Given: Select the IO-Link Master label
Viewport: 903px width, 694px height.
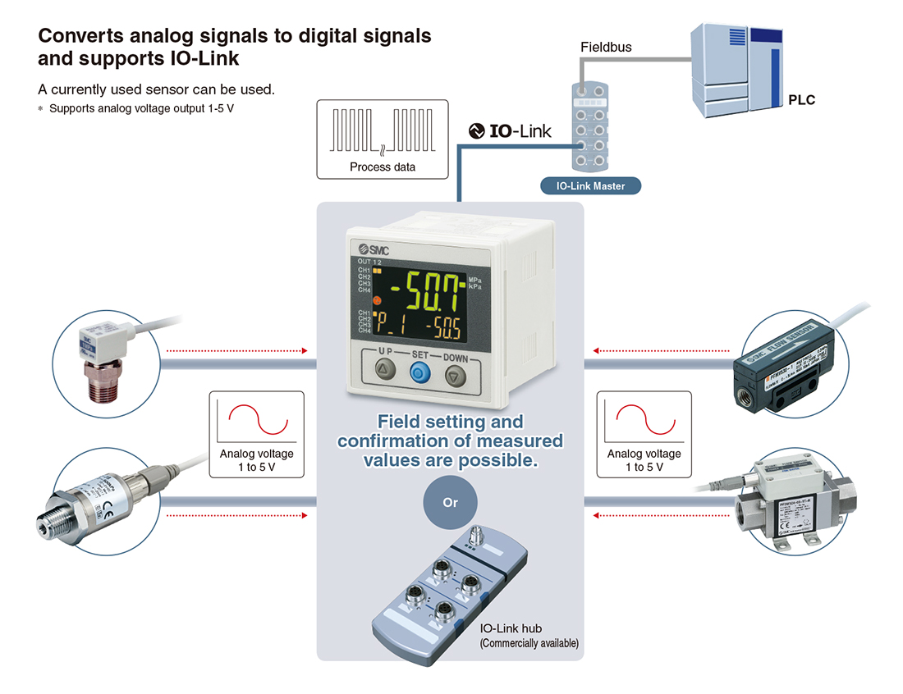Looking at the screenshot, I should [x=590, y=186].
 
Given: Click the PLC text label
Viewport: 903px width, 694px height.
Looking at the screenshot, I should [x=801, y=100].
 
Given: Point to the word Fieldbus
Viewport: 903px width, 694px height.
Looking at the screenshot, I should [x=606, y=48].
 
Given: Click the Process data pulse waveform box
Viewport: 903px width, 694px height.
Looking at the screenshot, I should [x=383, y=139].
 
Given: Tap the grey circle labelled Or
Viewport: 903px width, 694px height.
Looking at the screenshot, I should [x=450, y=502].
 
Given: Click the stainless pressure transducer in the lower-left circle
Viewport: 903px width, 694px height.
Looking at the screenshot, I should [x=94, y=503].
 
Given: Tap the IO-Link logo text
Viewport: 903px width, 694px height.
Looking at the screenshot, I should [x=510, y=130].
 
